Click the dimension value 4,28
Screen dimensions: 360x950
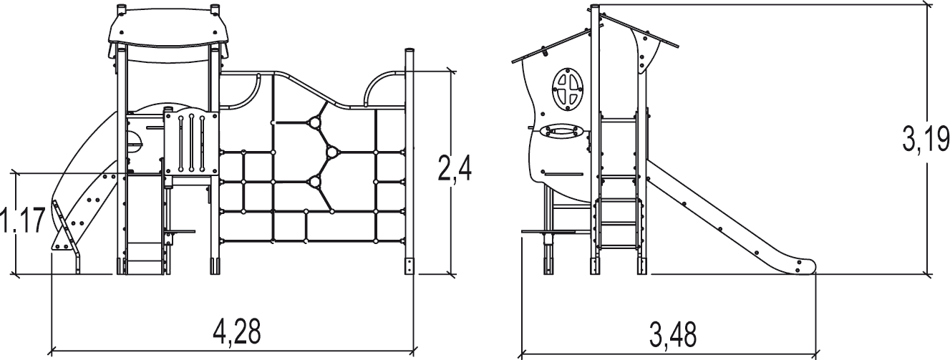[237, 331]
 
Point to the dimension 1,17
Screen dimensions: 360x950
[24, 222]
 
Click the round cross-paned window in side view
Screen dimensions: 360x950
[569, 90]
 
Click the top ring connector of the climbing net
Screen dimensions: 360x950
[314, 123]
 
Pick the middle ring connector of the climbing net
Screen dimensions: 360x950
[331, 152]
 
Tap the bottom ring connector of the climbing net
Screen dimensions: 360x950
[314, 181]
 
